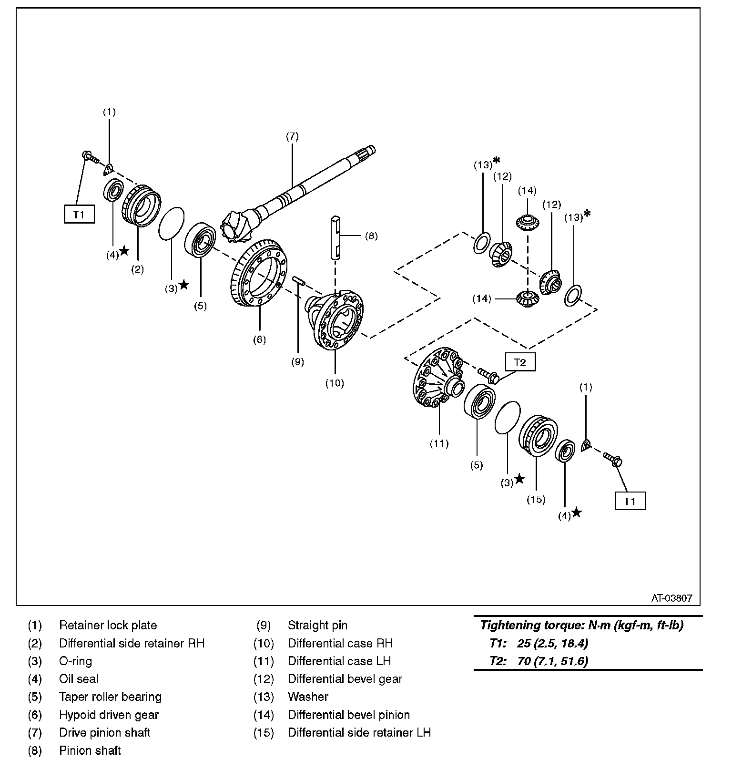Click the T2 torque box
pos(520,362)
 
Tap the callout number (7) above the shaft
pos(292,136)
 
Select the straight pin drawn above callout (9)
pos(299,281)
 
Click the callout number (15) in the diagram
pos(536,500)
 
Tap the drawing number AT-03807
pos(672,598)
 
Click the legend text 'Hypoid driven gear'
pos(109,715)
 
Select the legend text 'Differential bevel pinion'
pos(349,715)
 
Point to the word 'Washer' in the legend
pos(308,697)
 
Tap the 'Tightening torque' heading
pos(581,625)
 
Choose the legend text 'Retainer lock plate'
pos(108,625)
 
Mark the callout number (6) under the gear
pos(259,339)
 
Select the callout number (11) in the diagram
pos(439,443)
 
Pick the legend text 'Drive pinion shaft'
pos(105,732)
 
